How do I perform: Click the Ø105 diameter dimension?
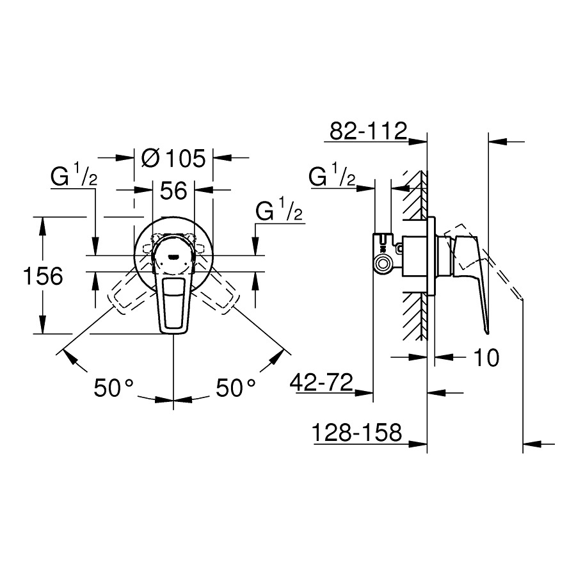[173, 158]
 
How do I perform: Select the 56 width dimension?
[173, 190]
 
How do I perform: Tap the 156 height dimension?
[43, 276]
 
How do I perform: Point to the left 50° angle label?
[113, 388]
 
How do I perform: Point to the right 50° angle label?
[236, 388]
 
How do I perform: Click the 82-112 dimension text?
[369, 131]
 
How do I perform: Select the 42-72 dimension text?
[321, 383]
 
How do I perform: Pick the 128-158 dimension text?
[356, 433]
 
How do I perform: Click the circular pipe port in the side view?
[385, 264]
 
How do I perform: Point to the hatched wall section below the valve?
[415, 317]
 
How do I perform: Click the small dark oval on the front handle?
[173, 257]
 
